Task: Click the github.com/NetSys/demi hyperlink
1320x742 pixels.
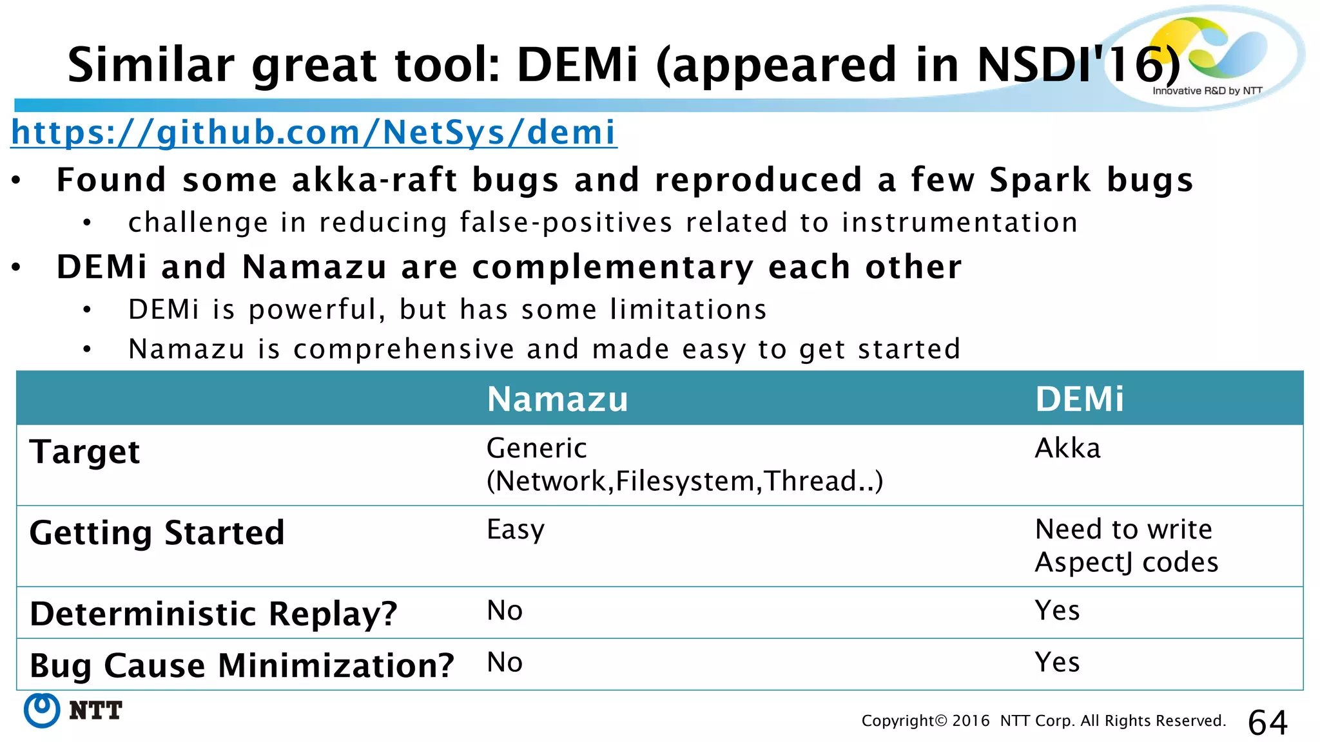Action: point(314,133)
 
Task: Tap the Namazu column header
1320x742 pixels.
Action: point(558,399)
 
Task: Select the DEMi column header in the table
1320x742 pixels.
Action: point(1079,399)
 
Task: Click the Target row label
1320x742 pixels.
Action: point(84,452)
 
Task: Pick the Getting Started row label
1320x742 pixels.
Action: point(157,533)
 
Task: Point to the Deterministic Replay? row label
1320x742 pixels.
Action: point(213,613)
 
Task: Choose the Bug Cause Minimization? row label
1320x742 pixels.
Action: point(242,665)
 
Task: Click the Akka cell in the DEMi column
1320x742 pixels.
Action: point(1067,448)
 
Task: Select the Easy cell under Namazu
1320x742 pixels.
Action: point(516,530)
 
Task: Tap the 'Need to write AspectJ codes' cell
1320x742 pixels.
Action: point(1126,546)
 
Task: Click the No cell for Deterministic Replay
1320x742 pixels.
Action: point(505,611)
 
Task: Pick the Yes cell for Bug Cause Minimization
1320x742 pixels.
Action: point(1057,662)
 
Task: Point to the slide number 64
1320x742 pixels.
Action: point(1267,722)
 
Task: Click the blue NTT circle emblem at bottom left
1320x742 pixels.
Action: point(42,710)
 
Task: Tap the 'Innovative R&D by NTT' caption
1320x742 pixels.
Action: point(1207,91)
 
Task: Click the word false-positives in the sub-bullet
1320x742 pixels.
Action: point(566,223)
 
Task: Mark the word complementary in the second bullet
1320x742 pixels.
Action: point(613,267)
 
